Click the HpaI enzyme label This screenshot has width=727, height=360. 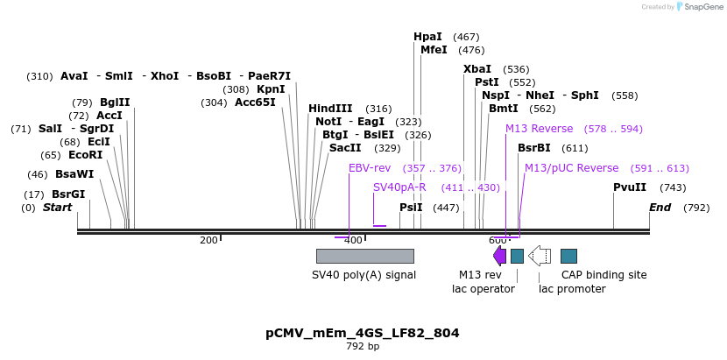click(x=428, y=37)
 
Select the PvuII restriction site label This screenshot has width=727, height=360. click(x=630, y=187)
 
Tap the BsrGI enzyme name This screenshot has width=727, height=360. click(x=68, y=194)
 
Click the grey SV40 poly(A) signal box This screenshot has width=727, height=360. click(x=364, y=256)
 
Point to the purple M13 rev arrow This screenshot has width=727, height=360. click(x=499, y=256)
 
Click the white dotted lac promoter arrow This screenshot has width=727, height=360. click(x=540, y=256)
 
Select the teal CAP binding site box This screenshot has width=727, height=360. click(x=568, y=256)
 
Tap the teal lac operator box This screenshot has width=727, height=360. click(x=517, y=256)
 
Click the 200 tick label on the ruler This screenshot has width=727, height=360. click(x=208, y=240)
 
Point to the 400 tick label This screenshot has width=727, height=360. click(x=353, y=240)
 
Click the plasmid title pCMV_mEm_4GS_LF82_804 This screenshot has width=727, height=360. click(x=363, y=333)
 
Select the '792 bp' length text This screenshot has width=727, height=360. click(x=363, y=347)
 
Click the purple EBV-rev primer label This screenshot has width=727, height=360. click(x=370, y=168)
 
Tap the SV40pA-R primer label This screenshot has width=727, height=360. click(x=399, y=187)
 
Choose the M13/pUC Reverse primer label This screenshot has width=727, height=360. click(x=571, y=168)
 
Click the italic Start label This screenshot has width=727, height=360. click(x=57, y=208)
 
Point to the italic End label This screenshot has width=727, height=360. click(x=660, y=208)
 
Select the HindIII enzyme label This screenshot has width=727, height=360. click(x=330, y=109)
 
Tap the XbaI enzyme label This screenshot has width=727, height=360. click(x=477, y=69)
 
